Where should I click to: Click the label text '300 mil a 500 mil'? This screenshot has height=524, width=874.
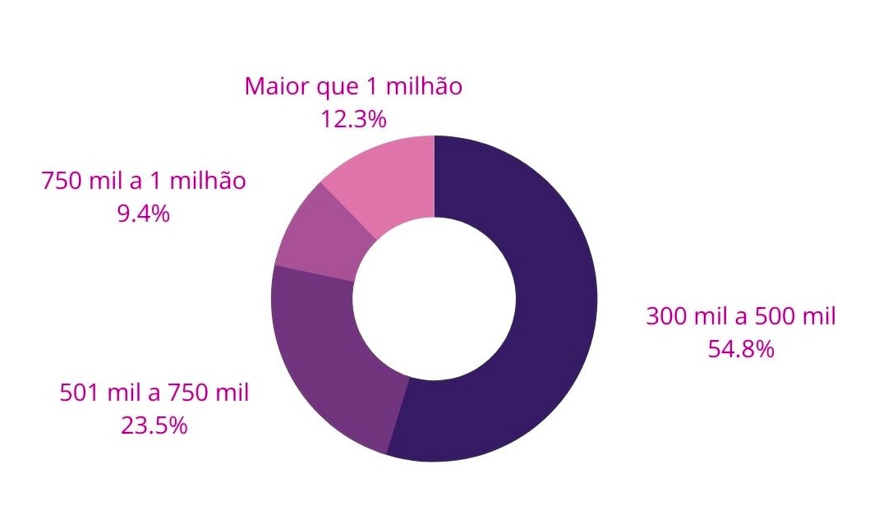click(x=741, y=316)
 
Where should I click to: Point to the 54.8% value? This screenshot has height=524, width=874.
click(x=741, y=350)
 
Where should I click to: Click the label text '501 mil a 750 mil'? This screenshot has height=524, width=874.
click(x=154, y=393)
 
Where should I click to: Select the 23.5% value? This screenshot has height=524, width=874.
click(x=154, y=426)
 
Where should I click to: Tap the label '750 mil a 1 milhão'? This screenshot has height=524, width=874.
click(x=144, y=181)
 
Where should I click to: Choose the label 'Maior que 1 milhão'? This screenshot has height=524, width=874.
click(x=353, y=86)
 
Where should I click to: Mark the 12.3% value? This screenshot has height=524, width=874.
click(x=353, y=120)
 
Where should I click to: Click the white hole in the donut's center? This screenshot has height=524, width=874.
click(x=435, y=299)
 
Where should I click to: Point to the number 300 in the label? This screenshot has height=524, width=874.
click(x=665, y=316)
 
